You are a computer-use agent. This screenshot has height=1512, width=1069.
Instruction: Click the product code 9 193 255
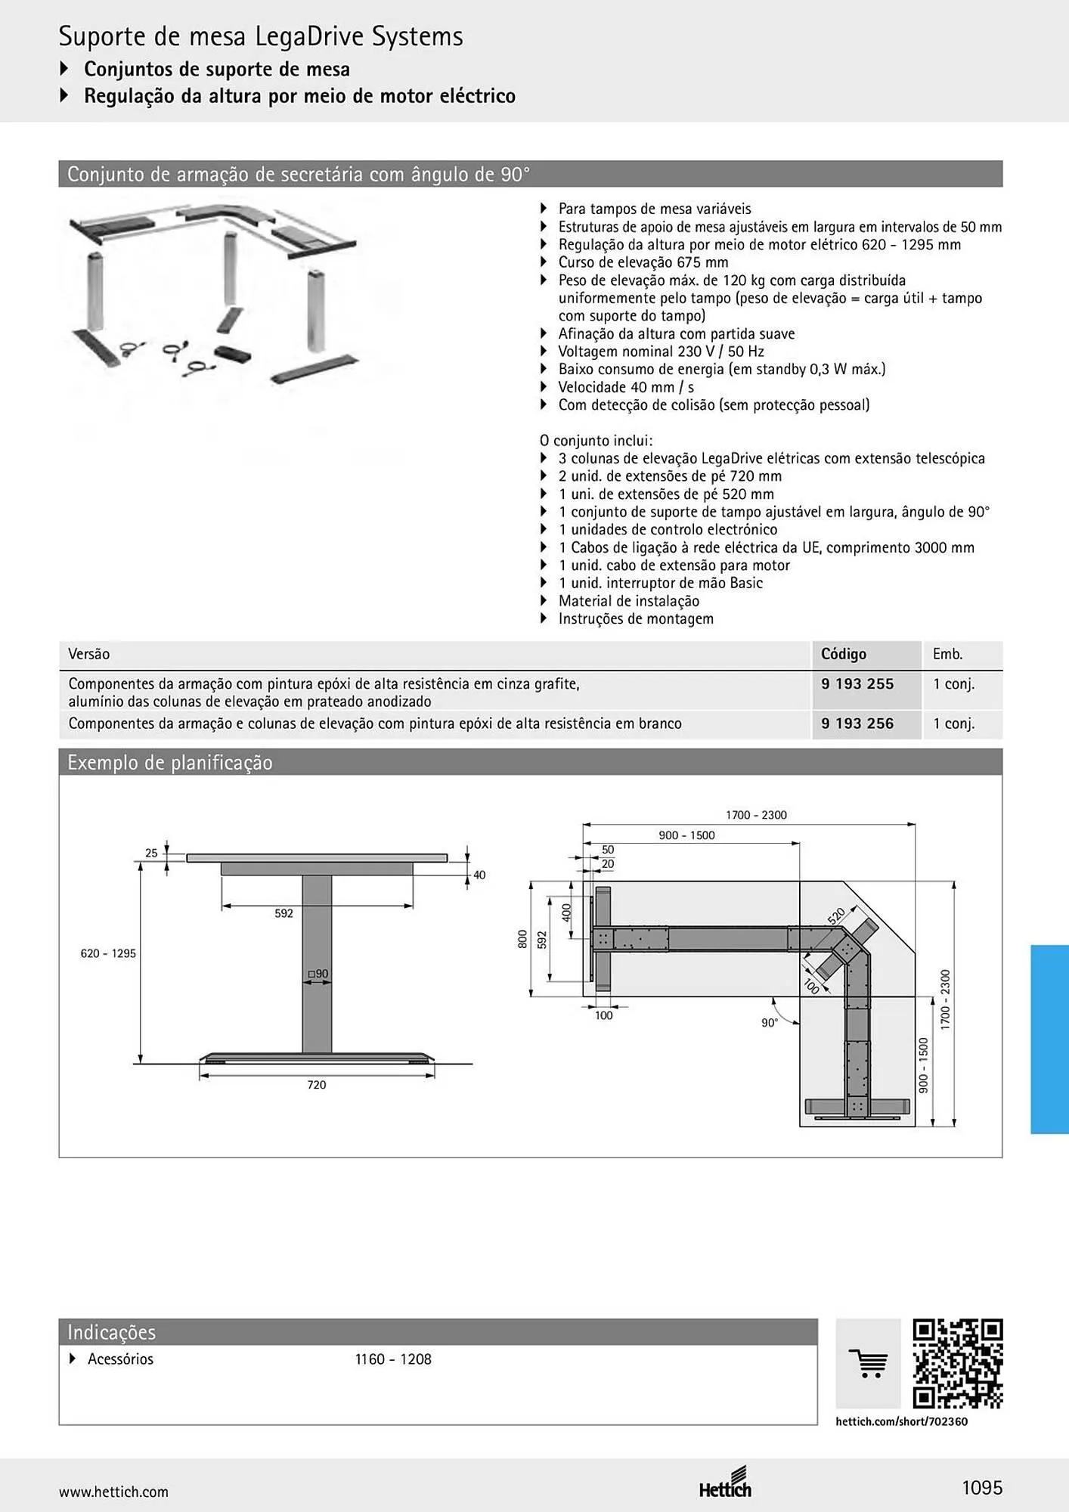point(857,683)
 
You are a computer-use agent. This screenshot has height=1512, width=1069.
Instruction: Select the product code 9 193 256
point(857,723)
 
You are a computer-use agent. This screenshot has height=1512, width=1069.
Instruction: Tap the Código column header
point(844,654)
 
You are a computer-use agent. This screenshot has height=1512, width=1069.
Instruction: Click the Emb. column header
point(947,654)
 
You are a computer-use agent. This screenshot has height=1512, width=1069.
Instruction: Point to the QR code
point(958,1364)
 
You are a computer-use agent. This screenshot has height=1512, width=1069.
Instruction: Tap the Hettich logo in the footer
point(725,1483)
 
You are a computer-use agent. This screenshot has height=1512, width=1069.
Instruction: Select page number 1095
point(982,1488)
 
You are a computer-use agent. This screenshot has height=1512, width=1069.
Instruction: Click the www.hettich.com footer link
point(113,1492)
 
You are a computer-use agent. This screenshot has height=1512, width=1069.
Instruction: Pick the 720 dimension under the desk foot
point(317,1085)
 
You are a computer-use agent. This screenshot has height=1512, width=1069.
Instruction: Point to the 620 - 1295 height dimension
point(108,953)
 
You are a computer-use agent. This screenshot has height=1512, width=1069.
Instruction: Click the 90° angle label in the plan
point(769,1023)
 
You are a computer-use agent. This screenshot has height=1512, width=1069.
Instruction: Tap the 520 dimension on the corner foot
point(836,916)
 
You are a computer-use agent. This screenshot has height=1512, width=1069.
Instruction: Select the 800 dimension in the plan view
point(522,939)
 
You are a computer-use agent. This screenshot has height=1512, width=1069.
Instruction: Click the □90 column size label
point(318,974)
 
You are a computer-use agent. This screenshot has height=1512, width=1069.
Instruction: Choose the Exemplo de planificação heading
point(170,762)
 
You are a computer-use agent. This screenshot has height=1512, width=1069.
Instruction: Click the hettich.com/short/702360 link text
point(901,1421)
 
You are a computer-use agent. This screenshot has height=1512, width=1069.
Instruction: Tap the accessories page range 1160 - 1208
point(393,1359)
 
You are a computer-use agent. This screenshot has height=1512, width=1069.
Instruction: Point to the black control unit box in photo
point(232,354)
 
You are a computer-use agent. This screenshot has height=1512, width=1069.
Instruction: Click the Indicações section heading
point(111,1332)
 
